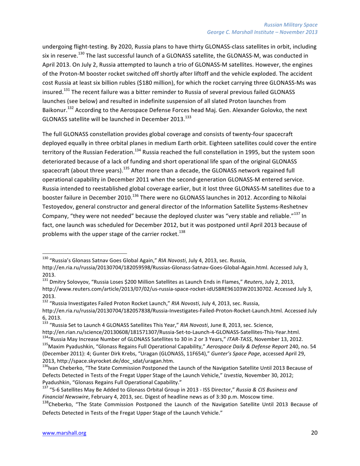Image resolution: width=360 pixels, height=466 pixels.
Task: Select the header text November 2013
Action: point(297,32)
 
